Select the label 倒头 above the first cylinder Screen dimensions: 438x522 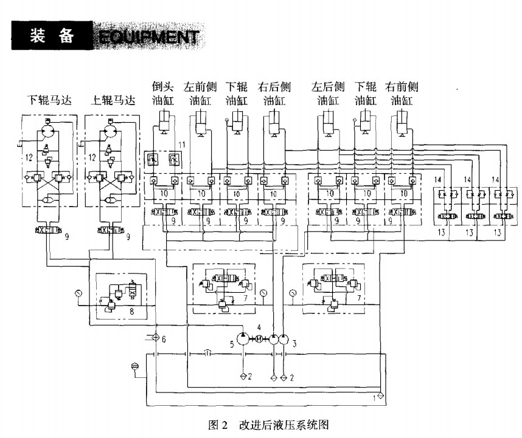click(162, 87)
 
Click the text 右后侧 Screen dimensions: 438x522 click(274, 87)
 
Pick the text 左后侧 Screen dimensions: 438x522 click(328, 87)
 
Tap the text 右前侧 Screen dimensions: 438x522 click(402, 87)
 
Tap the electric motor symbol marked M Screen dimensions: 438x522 click(259, 339)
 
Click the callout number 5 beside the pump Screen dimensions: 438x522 click(232, 344)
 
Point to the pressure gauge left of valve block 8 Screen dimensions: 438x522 click(78, 293)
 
